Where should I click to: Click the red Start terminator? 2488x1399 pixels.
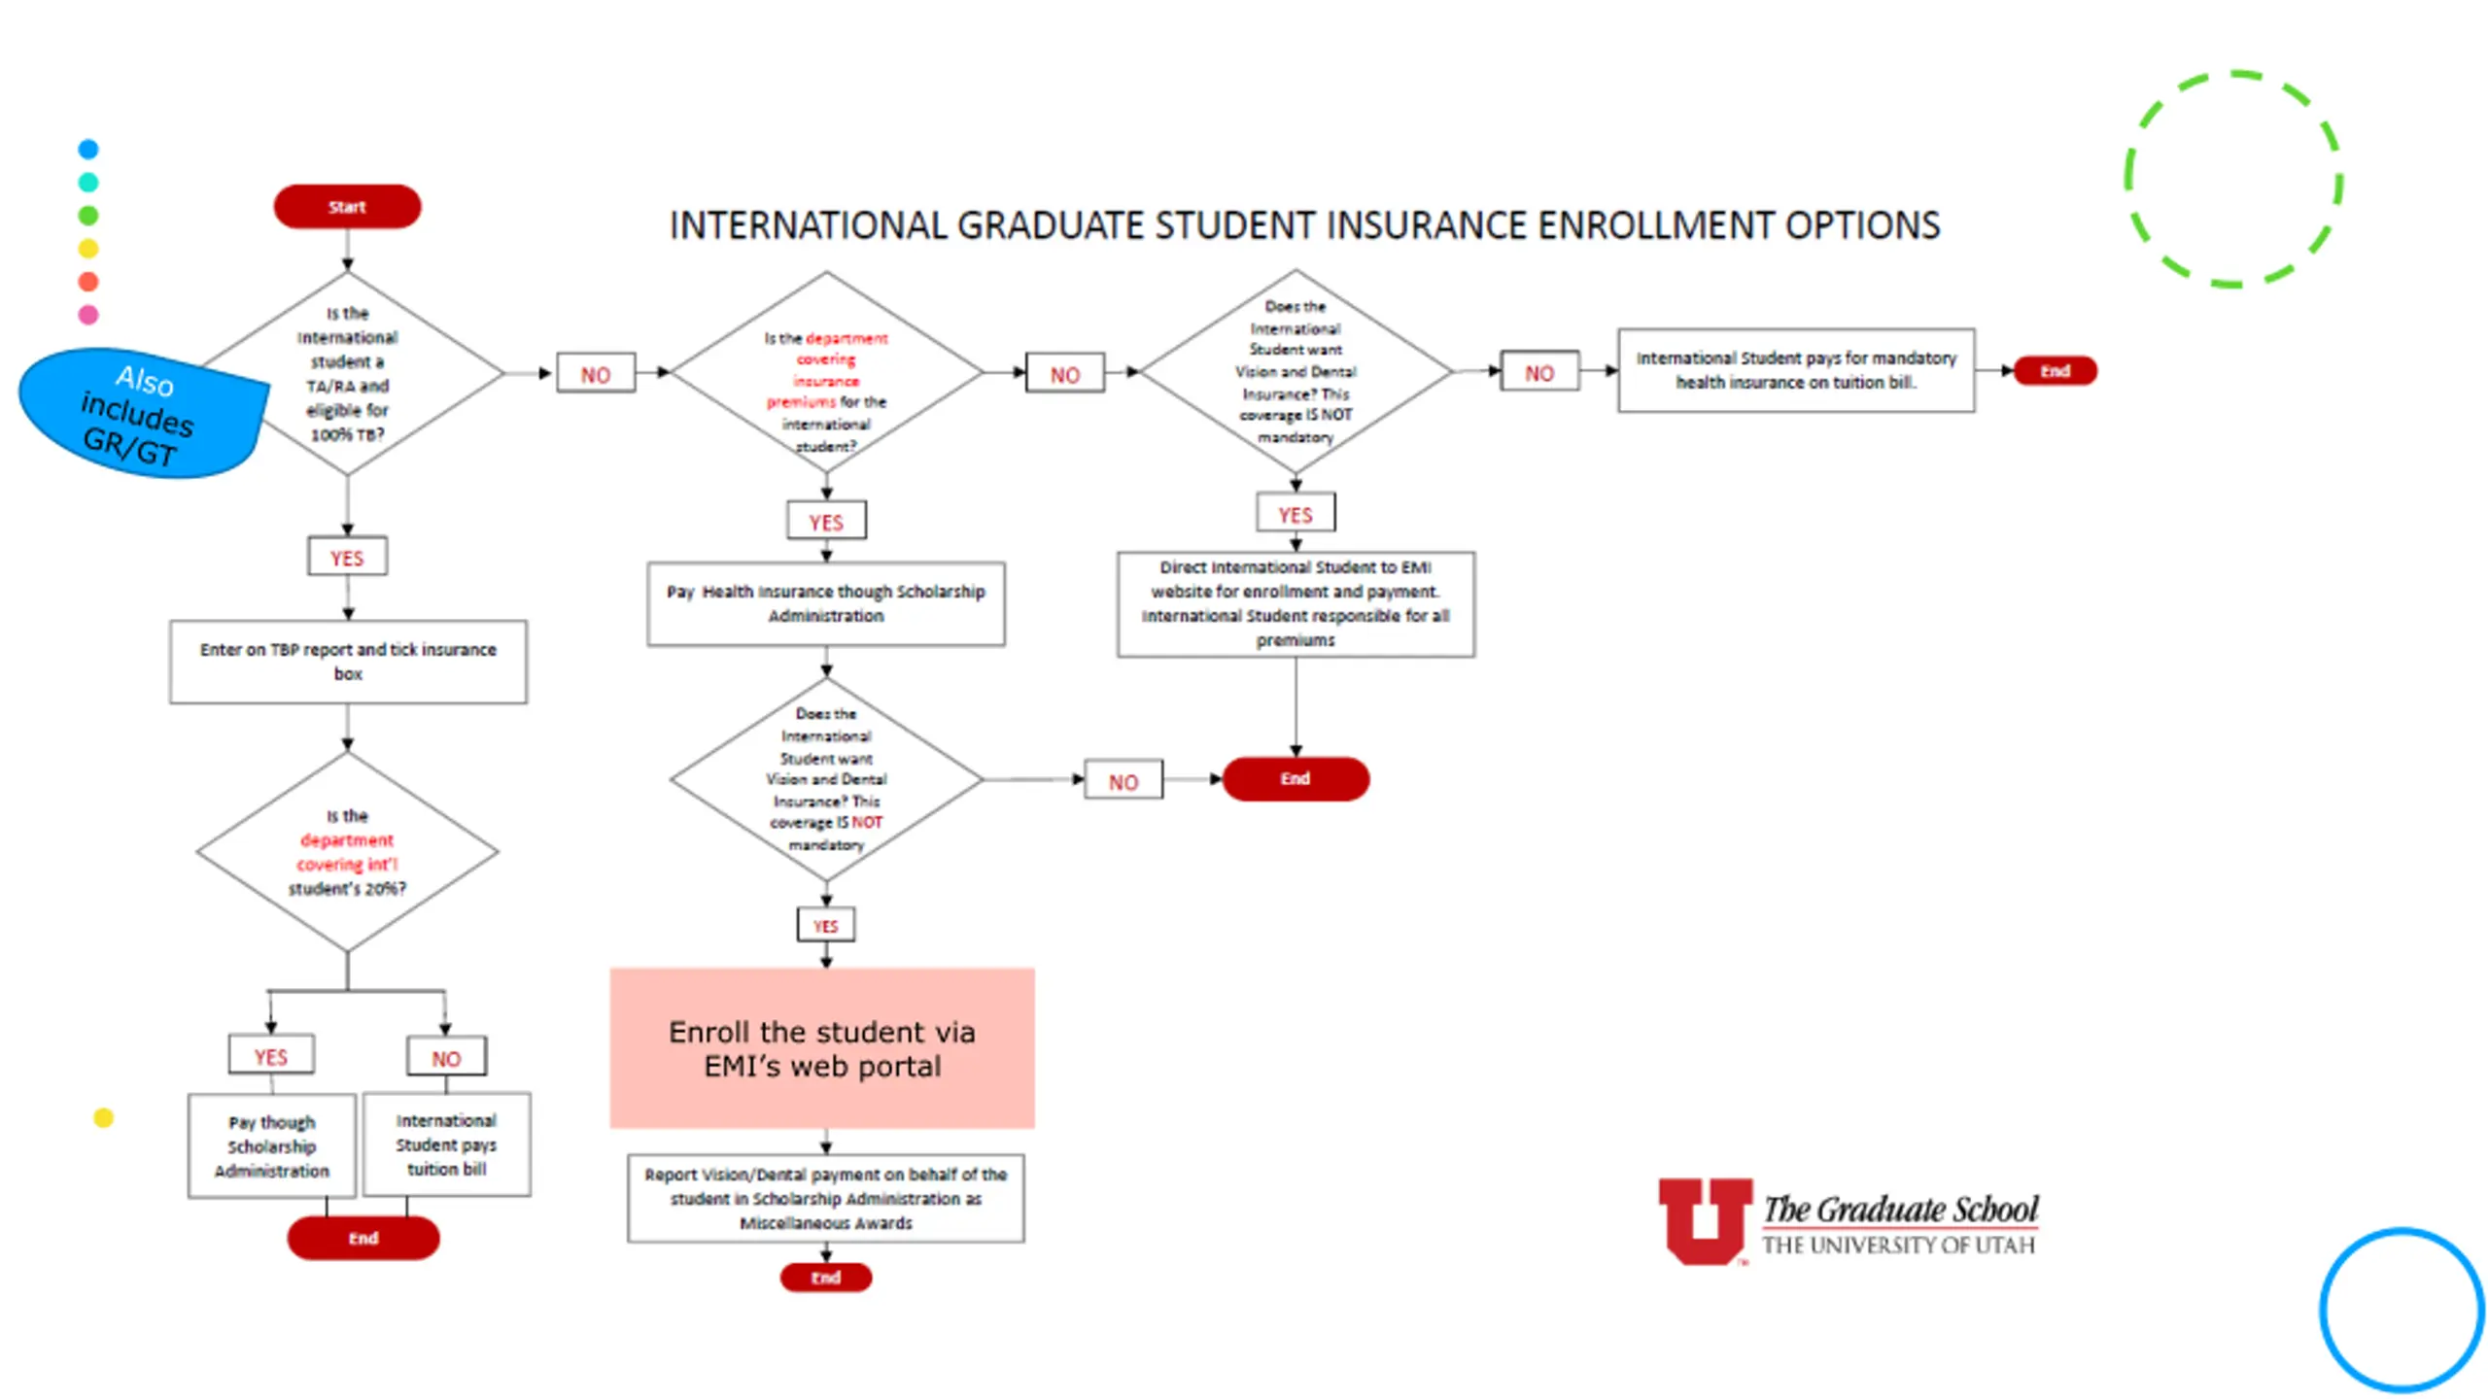347,207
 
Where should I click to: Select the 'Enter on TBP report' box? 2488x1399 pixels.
348,662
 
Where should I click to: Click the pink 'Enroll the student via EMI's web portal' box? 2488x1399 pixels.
822,1048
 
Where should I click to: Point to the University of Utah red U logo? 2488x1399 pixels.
1705,1220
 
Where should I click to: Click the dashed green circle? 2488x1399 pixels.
2233,179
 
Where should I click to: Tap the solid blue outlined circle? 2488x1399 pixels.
2402,1310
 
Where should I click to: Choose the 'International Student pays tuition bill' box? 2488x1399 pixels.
446,1144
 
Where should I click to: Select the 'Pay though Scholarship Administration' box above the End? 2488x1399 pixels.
272,1146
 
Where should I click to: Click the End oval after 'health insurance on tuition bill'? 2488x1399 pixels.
2055,371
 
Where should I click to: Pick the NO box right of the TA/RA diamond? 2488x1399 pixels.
596,374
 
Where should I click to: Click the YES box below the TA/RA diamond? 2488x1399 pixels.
347,558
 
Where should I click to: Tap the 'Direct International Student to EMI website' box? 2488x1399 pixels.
1296,603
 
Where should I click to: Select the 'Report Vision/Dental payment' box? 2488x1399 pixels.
826,1198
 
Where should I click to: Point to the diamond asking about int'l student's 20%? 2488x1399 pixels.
347,852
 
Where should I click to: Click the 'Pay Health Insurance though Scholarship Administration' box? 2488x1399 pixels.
826,603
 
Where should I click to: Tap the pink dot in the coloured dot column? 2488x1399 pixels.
88,315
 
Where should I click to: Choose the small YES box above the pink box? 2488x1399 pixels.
826,926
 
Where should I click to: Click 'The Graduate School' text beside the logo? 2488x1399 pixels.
1900,1210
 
